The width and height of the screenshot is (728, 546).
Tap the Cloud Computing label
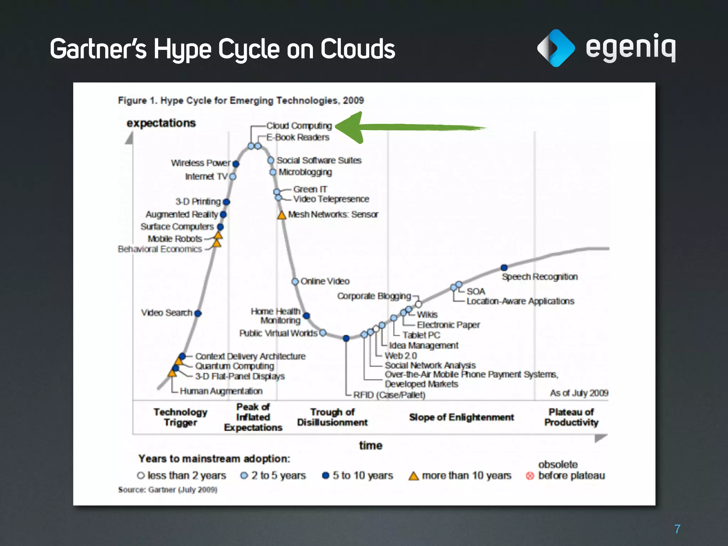click(x=299, y=126)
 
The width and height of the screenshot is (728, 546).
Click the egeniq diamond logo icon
click(x=556, y=48)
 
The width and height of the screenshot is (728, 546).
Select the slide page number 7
click(x=677, y=529)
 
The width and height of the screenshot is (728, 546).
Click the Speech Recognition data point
click(x=504, y=267)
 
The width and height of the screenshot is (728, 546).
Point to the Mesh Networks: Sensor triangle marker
click(x=282, y=215)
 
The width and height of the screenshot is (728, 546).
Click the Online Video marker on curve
click(x=295, y=282)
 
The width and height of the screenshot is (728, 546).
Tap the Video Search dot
click(x=198, y=313)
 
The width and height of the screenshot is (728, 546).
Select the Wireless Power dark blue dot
click(x=236, y=164)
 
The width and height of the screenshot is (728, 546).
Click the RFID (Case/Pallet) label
click(x=389, y=395)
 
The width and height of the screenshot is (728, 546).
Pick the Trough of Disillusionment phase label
click(x=332, y=417)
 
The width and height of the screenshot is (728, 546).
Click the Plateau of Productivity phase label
click(x=571, y=417)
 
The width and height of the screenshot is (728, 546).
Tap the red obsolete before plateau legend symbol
click(x=530, y=476)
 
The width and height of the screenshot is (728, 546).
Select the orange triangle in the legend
click(x=413, y=476)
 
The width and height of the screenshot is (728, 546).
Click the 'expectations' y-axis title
click(x=161, y=123)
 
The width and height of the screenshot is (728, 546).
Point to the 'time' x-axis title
click(x=370, y=445)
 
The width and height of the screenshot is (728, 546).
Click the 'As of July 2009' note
click(x=579, y=393)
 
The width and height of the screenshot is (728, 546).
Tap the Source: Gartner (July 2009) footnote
click(x=167, y=489)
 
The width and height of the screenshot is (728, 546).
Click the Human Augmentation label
click(x=221, y=391)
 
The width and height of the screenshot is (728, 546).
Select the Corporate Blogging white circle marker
click(x=418, y=304)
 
